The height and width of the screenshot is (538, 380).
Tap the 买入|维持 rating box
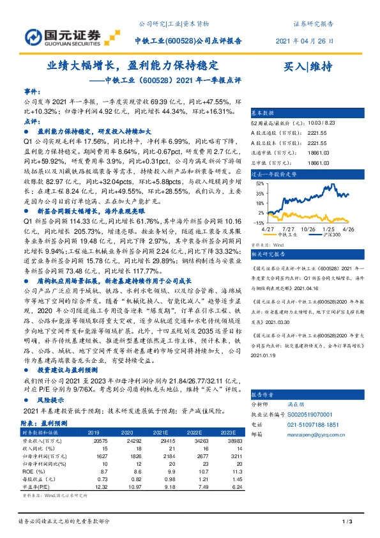308,66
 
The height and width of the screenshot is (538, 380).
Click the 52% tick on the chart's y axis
261,183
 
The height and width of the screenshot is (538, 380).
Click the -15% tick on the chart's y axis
259,222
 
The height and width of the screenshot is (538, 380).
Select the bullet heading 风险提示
52,399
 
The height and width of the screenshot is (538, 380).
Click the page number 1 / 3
347,523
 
